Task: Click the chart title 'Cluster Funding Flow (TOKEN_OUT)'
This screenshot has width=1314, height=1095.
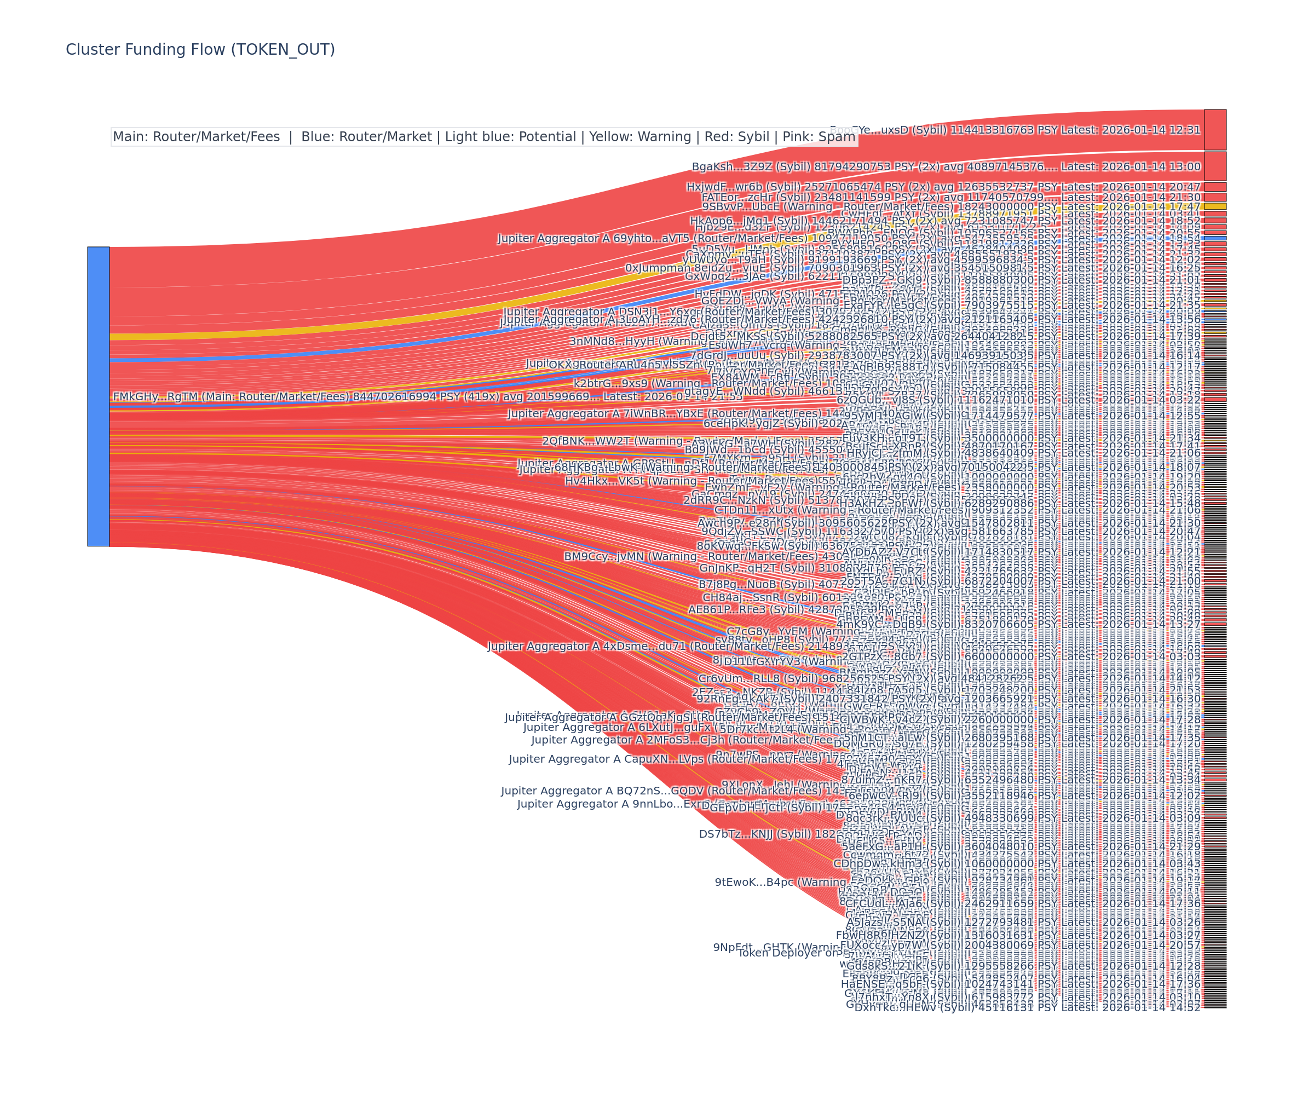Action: click(200, 49)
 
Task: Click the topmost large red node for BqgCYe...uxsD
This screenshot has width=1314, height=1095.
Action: click(1215, 130)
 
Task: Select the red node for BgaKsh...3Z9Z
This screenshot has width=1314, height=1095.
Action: click(1215, 166)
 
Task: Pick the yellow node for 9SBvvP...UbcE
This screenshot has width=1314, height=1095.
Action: click(1215, 206)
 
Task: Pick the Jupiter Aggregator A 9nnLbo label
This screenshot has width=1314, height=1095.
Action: click(607, 804)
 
